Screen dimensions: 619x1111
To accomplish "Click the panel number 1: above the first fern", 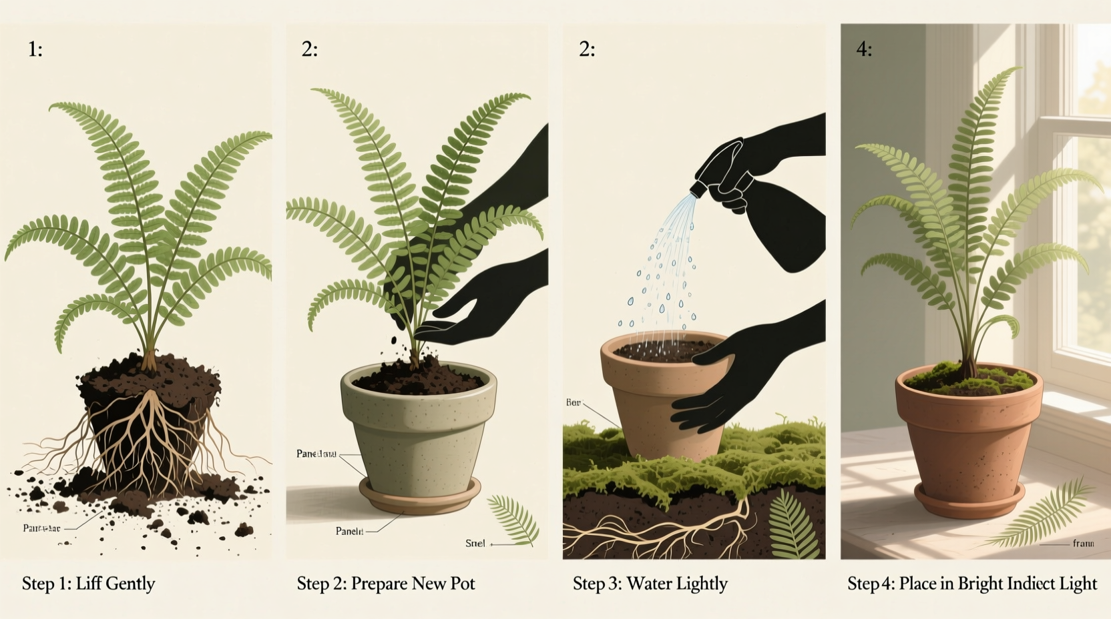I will (x=35, y=49).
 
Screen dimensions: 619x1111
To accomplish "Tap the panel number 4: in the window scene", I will (x=864, y=49).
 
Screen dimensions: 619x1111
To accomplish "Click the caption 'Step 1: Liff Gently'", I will (x=88, y=584).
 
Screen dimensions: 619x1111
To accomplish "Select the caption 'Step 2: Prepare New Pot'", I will (x=385, y=584).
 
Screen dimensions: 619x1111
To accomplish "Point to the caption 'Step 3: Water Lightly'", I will (x=650, y=584).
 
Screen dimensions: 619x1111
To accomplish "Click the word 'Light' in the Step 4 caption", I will (x=1078, y=584).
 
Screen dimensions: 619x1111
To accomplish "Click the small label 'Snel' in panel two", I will (x=475, y=544).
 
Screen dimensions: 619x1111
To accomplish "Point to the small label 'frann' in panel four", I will (x=1083, y=544).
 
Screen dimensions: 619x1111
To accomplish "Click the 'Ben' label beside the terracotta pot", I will (x=573, y=403).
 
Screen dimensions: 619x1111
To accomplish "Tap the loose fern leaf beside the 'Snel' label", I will (x=514, y=518).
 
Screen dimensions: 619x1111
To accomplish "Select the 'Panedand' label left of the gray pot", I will (x=316, y=454).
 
